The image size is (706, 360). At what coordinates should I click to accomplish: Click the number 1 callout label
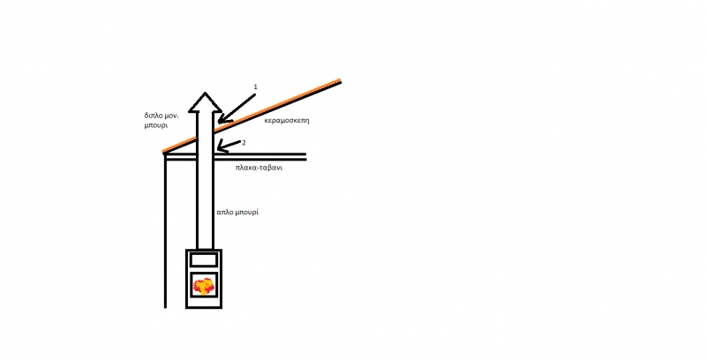[255, 86]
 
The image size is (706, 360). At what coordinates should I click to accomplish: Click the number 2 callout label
[244, 143]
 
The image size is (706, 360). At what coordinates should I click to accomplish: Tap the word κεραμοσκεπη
[287, 121]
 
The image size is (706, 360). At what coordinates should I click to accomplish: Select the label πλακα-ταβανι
[259, 168]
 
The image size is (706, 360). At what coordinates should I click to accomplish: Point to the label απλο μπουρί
[237, 212]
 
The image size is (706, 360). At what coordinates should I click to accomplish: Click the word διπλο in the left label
[153, 116]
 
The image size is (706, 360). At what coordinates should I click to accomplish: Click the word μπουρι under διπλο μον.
[156, 125]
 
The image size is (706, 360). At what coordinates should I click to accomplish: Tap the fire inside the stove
[204, 285]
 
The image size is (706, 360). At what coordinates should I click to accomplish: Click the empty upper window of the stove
[204, 259]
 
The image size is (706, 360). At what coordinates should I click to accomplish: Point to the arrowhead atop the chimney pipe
[205, 102]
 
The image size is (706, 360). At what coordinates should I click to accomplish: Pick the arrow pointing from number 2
[229, 146]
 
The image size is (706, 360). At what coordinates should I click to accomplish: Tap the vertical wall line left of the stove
[165, 231]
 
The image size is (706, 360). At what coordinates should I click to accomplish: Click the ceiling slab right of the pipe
[259, 156]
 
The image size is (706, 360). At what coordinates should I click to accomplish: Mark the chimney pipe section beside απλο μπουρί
[205, 203]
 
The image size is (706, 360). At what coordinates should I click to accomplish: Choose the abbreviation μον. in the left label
[171, 116]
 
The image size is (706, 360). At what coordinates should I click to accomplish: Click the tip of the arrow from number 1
[218, 123]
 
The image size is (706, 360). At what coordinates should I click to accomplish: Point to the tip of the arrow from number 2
[217, 149]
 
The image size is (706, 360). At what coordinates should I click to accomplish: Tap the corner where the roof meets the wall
[165, 154]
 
